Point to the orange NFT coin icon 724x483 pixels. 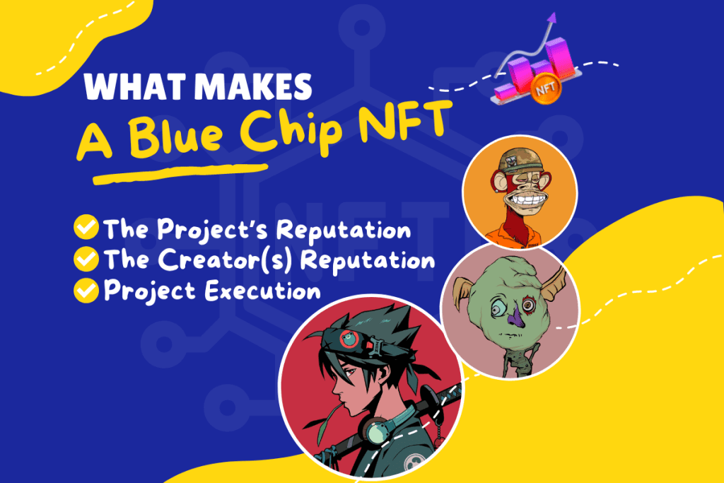click(545, 88)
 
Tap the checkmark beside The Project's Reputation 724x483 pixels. click(86, 227)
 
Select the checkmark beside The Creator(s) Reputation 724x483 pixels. click(86, 259)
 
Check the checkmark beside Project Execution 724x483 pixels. click(86, 291)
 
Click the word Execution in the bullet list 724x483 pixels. click(263, 291)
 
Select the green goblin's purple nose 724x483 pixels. click(515, 318)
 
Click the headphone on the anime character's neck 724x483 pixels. click(378, 433)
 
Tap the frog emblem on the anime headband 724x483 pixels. click(349, 339)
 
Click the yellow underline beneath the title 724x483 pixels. click(180, 173)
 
